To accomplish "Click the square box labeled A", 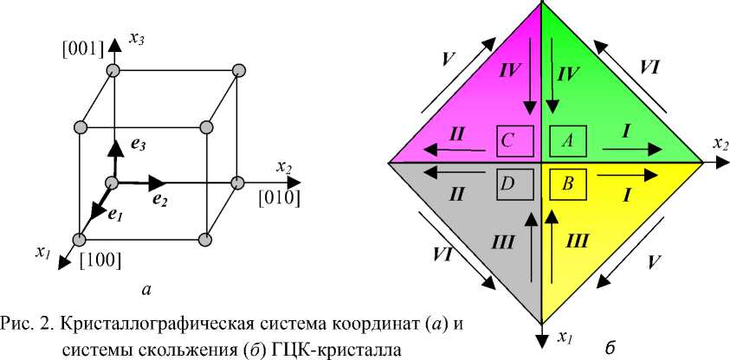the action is click(567, 139).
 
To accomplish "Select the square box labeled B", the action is click(567, 183).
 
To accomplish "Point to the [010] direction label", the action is click(279, 198).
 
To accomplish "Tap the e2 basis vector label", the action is click(159, 200).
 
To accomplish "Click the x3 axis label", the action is click(137, 37).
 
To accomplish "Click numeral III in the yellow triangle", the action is click(578, 241).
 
